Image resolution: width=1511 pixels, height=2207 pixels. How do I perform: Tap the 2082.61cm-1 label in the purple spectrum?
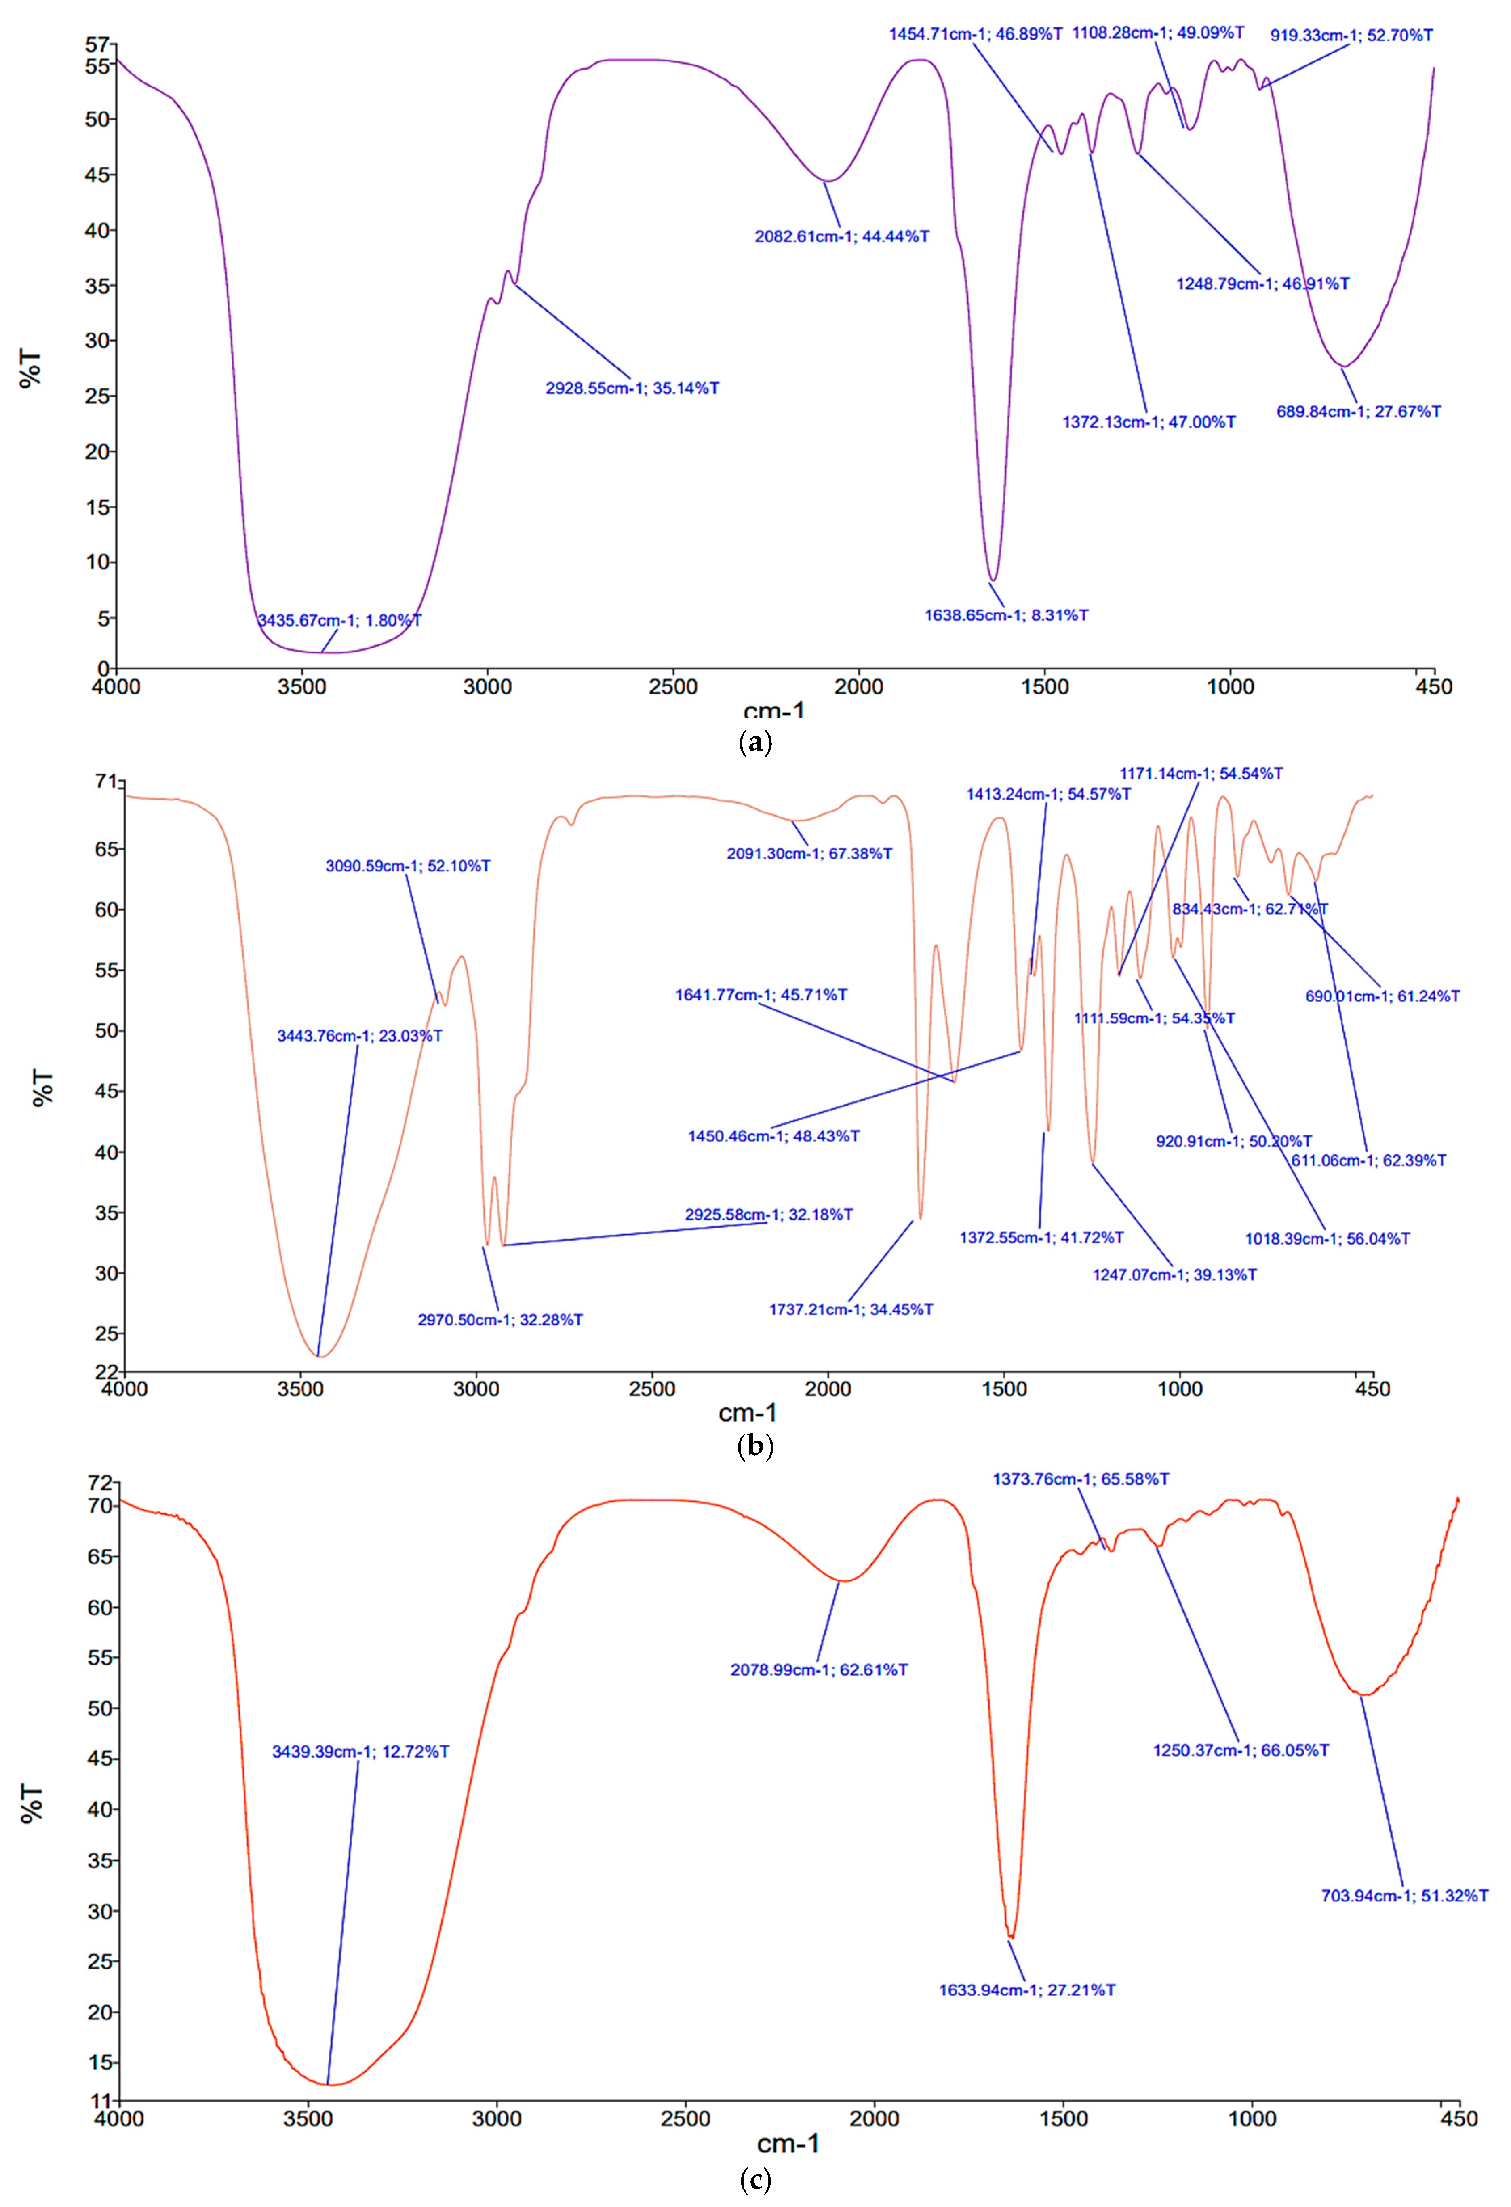click(841, 236)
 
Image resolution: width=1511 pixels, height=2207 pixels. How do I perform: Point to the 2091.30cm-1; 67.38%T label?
click(809, 854)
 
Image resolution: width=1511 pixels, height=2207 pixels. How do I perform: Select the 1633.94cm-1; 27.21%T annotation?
click(1026, 1990)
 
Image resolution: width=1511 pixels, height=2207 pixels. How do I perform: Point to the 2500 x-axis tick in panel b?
click(651, 1389)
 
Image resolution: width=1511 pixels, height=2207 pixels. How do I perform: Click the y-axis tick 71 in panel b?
click(105, 782)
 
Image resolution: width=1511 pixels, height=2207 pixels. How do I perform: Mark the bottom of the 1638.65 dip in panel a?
click(993, 579)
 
